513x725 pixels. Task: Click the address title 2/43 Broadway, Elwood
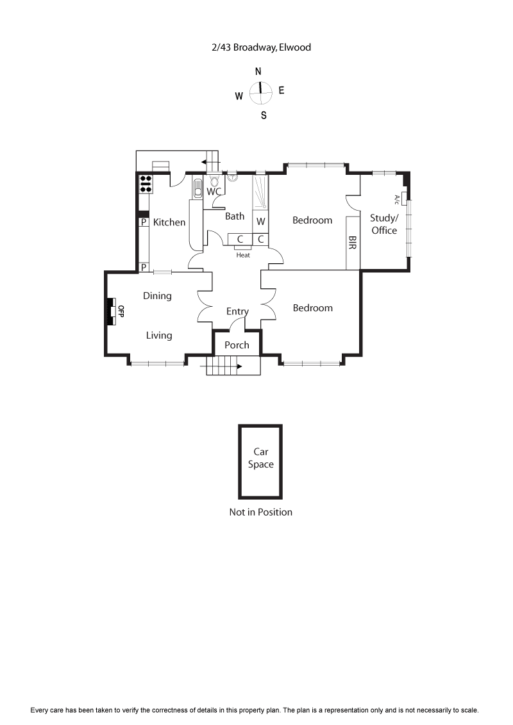pos(261,47)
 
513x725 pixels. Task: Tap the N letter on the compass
pos(258,71)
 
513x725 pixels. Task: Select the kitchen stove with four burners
pos(146,184)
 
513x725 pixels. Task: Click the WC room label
pos(215,191)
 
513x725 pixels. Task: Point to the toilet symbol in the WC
pos(214,180)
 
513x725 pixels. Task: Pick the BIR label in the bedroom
pos(352,243)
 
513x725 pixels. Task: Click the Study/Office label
pos(383,224)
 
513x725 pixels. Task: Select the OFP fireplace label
pos(120,311)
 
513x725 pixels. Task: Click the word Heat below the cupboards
pos(243,255)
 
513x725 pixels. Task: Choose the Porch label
pos(237,345)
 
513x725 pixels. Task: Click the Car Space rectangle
pos(260,461)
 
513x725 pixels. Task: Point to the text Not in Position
pos(260,512)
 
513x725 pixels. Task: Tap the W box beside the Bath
pos(260,222)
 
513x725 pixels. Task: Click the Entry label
pos(237,311)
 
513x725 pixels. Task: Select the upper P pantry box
pos(144,222)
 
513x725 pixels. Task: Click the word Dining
pos(157,296)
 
